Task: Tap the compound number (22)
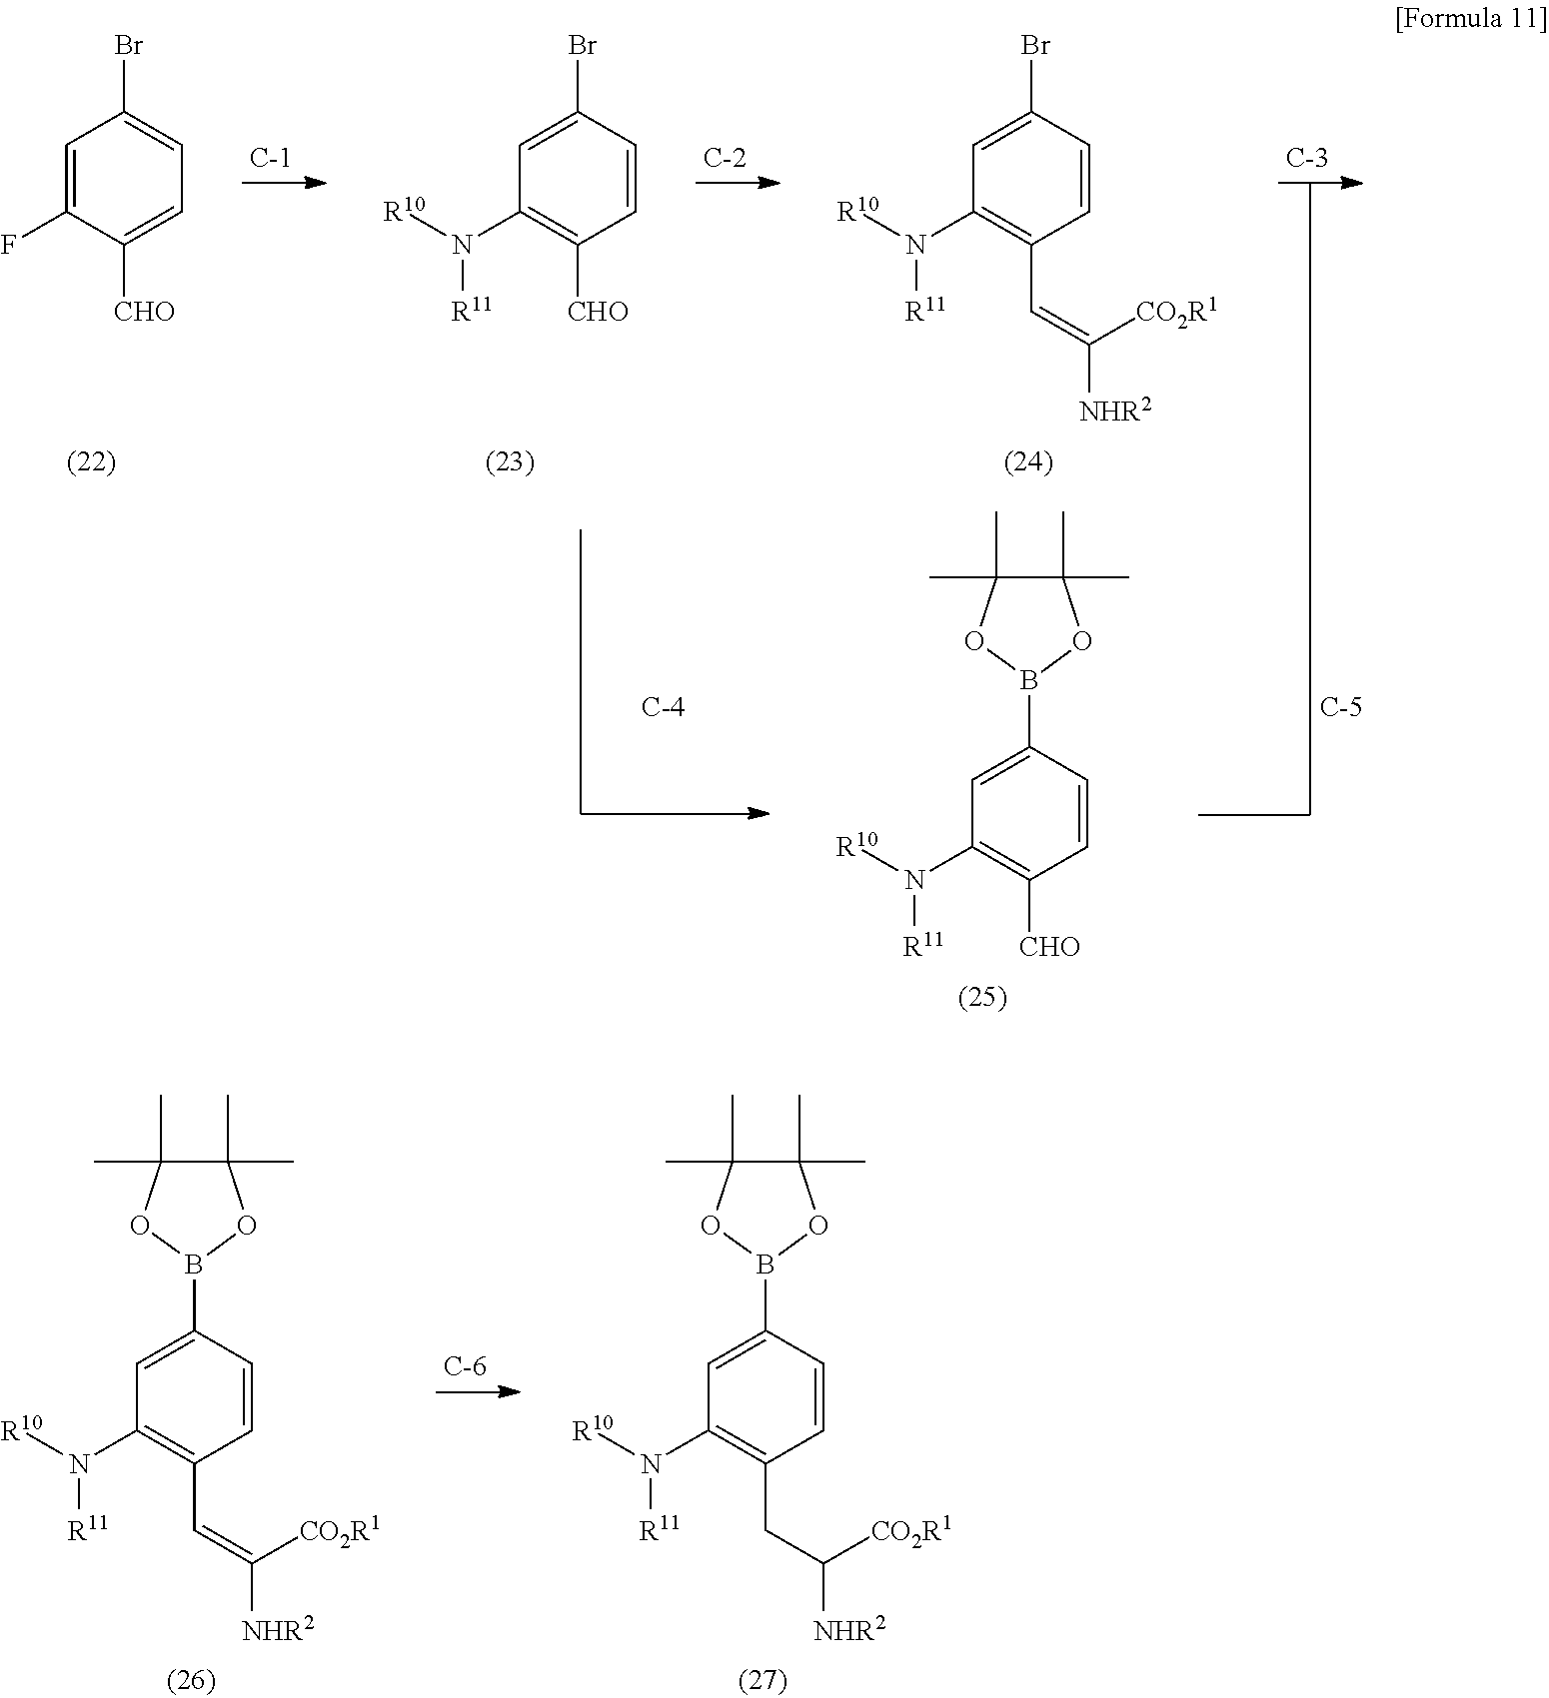91,462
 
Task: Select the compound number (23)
510,462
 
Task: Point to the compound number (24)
1028,462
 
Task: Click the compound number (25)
982,998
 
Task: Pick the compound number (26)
191,1681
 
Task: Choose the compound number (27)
763,1681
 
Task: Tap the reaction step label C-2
725,158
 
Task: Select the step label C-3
1307,158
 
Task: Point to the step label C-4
663,707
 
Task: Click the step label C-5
1341,707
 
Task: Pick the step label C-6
465,1366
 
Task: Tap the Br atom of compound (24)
1035,46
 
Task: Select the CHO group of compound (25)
1049,947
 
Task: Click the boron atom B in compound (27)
766,1267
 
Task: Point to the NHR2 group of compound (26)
279,1631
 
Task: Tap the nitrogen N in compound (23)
461,245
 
